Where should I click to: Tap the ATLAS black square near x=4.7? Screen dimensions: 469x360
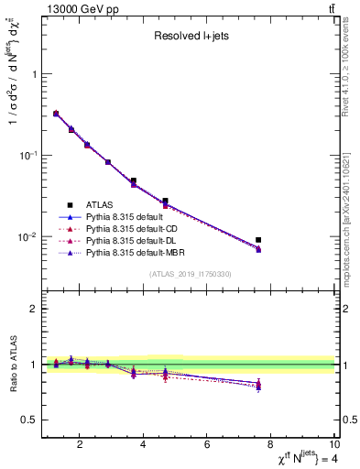click(x=165, y=201)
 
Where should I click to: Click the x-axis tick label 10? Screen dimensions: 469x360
click(x=333, y=446)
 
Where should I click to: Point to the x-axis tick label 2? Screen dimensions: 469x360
click(x=81, y=446)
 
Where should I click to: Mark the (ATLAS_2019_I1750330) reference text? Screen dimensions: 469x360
click(x=190, y=273)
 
